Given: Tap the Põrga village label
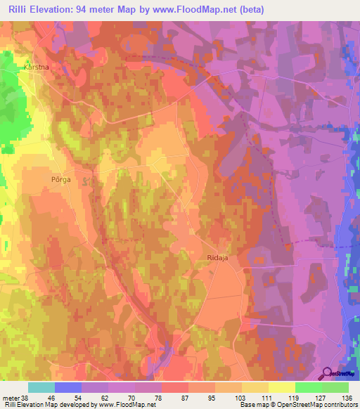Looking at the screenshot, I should (62, 179).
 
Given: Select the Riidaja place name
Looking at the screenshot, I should (219, 258).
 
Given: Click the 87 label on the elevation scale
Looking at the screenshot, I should (184, 397).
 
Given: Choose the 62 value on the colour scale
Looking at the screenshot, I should (105, 397).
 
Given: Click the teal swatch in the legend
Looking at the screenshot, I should (41, 387).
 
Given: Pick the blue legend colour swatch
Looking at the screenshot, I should (68, 387).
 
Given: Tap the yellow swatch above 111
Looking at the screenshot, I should (255, 387).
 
